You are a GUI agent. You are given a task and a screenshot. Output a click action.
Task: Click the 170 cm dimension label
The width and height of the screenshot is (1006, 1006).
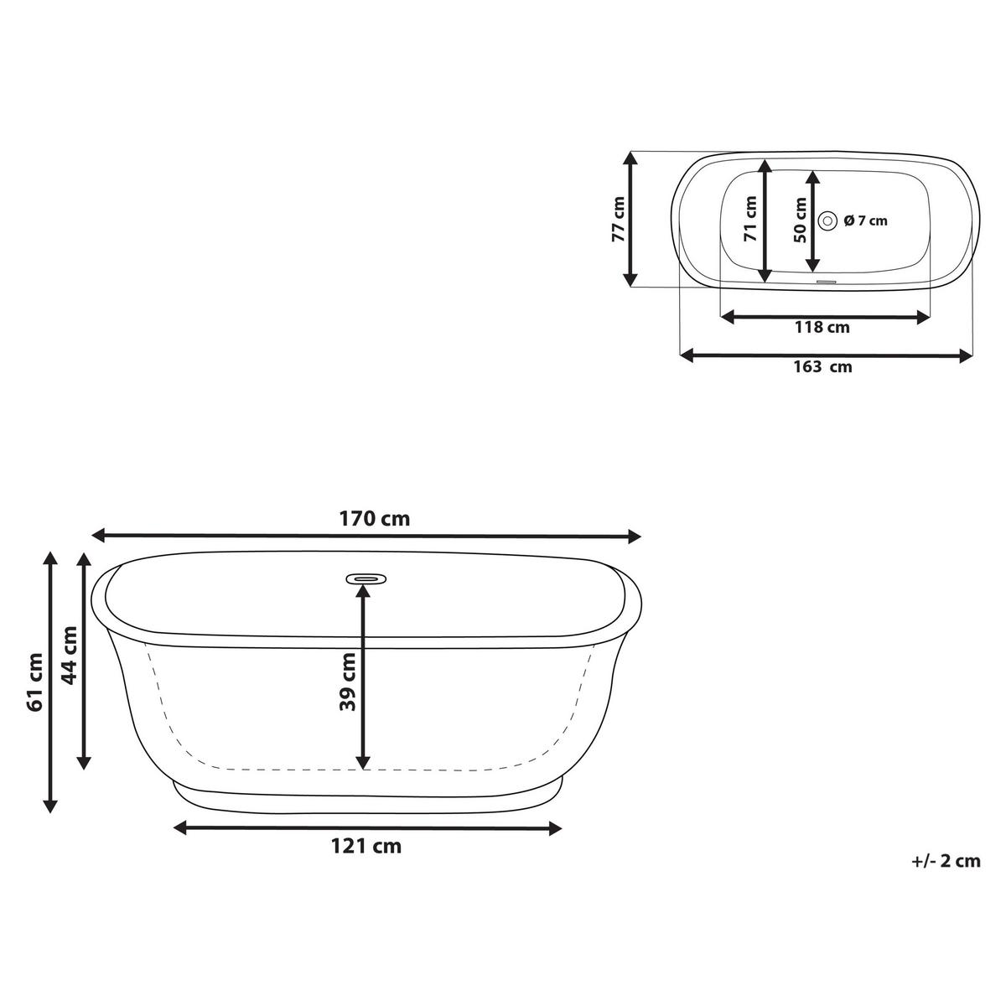375,519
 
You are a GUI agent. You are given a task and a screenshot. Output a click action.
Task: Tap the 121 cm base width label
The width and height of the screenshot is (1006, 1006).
366,846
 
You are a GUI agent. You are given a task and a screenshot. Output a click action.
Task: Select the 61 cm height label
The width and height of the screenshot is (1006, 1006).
34,682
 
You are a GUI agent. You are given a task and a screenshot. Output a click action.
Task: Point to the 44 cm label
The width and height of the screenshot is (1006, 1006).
69,655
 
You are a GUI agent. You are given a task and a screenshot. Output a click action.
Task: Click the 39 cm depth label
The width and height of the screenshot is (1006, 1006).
347,682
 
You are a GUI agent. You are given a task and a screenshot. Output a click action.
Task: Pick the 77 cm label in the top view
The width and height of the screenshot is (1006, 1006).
618,219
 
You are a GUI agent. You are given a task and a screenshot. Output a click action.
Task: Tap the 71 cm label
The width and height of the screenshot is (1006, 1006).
750,219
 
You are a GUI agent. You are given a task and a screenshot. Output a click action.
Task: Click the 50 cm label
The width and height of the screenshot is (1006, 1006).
801,220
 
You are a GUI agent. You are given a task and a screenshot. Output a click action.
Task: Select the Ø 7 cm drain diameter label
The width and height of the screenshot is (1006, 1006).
865,220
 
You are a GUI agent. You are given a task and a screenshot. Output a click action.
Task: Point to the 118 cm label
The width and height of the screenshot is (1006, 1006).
822,327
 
